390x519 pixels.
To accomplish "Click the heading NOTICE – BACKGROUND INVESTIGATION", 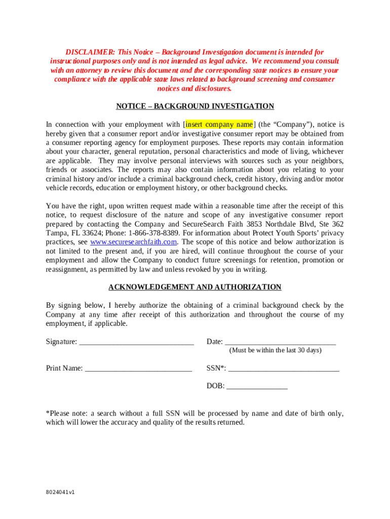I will [195, 106].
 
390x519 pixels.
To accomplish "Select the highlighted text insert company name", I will [219, 124].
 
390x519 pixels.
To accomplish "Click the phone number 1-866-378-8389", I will [154, 233].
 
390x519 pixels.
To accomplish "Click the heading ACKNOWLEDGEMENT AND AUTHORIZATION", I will [195, 287].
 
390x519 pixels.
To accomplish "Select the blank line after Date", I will [280, 342].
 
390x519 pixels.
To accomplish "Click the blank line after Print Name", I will [138, 368].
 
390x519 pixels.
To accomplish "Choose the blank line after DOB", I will [257, 386].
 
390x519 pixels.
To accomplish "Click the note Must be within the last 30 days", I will [276, 350].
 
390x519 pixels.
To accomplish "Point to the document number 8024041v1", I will [60, 492].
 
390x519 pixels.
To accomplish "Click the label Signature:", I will [61, 342].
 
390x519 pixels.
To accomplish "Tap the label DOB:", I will [215, 386].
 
